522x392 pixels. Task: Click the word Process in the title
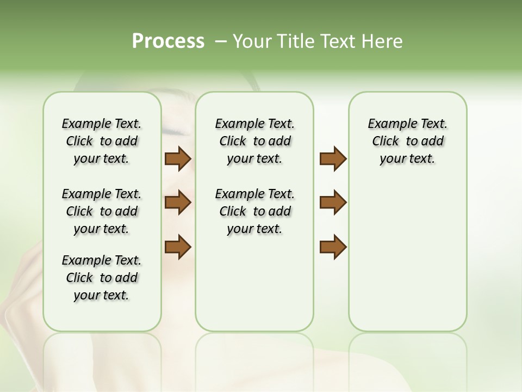click(168, 41)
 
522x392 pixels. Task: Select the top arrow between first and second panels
click(178, 159)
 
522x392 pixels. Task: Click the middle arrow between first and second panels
click(178, 203)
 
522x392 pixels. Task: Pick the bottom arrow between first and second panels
click(178, 247)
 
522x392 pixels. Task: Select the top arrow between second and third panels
click(333, 159)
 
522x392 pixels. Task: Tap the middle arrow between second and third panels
click(333, 203)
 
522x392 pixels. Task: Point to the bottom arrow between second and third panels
click(333, 247)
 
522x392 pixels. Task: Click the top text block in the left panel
click(102, 141)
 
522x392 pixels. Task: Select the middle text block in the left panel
click(102, 211)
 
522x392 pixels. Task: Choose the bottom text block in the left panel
click(102, 278)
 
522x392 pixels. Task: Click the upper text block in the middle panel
click(254, 141)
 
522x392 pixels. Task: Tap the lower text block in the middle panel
click(254, 211)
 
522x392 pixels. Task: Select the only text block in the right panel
click(407, 141)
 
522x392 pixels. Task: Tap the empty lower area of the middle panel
click(254, 283)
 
